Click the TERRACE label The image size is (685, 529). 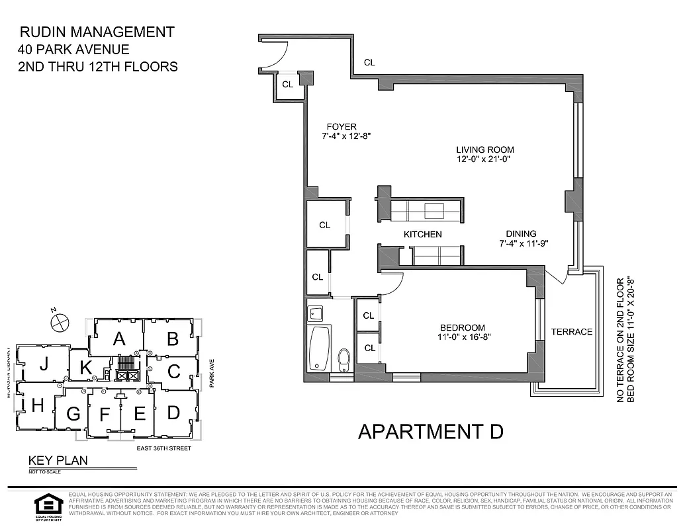coord(572,331)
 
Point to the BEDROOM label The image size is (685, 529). coord(463,327)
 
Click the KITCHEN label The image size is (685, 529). coord(423,234)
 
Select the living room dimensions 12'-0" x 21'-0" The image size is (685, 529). coord(484,159)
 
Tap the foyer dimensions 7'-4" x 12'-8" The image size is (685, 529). coord(342,137)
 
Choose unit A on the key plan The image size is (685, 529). coord(119,339)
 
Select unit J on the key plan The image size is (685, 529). coord(44,364)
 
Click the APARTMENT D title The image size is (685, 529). coord(431,431)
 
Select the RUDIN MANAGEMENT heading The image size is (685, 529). coord(97,32)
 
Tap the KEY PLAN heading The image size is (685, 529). coord(57,461)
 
